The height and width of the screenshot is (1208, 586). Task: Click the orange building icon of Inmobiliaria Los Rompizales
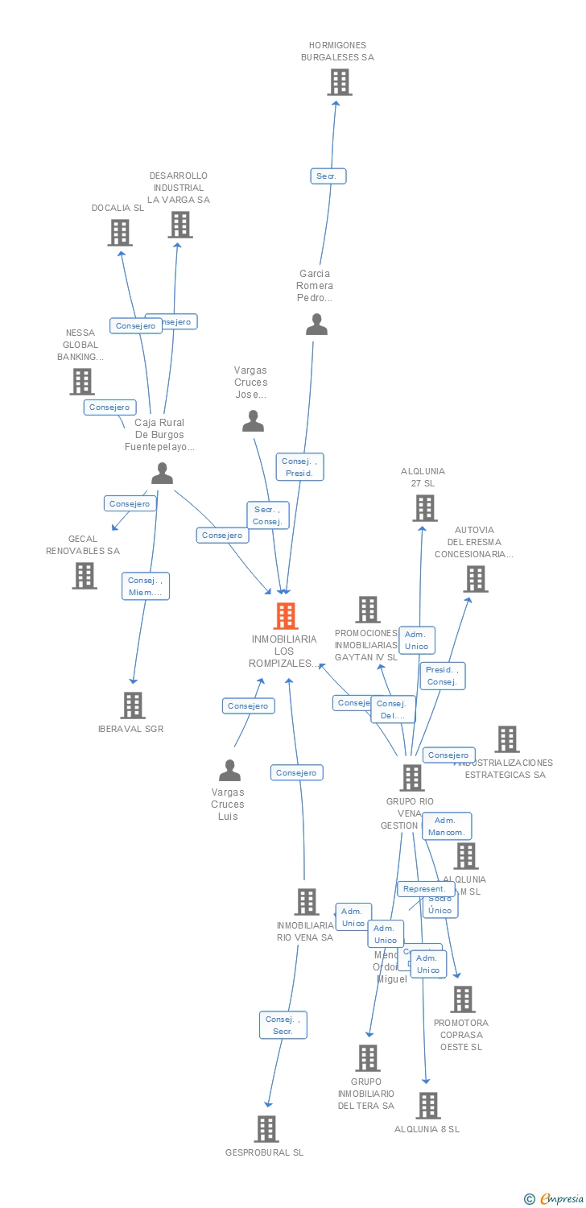pos(286,616)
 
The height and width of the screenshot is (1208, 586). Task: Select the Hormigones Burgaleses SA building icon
pos(339,82)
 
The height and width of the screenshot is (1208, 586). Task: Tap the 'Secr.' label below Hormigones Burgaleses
pos(328,176)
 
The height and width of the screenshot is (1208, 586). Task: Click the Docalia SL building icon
pos(120,233)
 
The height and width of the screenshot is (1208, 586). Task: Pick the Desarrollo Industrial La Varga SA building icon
pos(180,225)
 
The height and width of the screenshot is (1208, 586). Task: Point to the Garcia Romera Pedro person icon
pos(317,325)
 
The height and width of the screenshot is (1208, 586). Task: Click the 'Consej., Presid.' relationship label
pos(299,467)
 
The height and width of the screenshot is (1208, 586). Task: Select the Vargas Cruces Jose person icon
pos(253,421)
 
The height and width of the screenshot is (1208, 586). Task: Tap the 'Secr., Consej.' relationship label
pos(267,515)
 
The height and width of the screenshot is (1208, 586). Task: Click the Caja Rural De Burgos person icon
pos(162,474)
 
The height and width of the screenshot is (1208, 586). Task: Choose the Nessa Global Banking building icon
pos(82,382)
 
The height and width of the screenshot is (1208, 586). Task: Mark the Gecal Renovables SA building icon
pos(85,576)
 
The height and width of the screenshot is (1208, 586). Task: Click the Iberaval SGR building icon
pos(133,705)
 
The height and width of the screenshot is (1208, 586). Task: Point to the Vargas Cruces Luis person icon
pos(229,771)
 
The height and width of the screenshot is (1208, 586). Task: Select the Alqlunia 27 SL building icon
pos(424,508)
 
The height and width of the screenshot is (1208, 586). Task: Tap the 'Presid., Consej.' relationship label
pos(442,676)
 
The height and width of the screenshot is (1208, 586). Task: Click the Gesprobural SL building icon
pos(266,1129)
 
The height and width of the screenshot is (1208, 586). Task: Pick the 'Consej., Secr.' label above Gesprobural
pos(283,1025)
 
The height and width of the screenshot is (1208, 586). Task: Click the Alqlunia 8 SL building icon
pos(427,1106)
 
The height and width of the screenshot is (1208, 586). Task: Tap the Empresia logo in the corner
pos(555,1199)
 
